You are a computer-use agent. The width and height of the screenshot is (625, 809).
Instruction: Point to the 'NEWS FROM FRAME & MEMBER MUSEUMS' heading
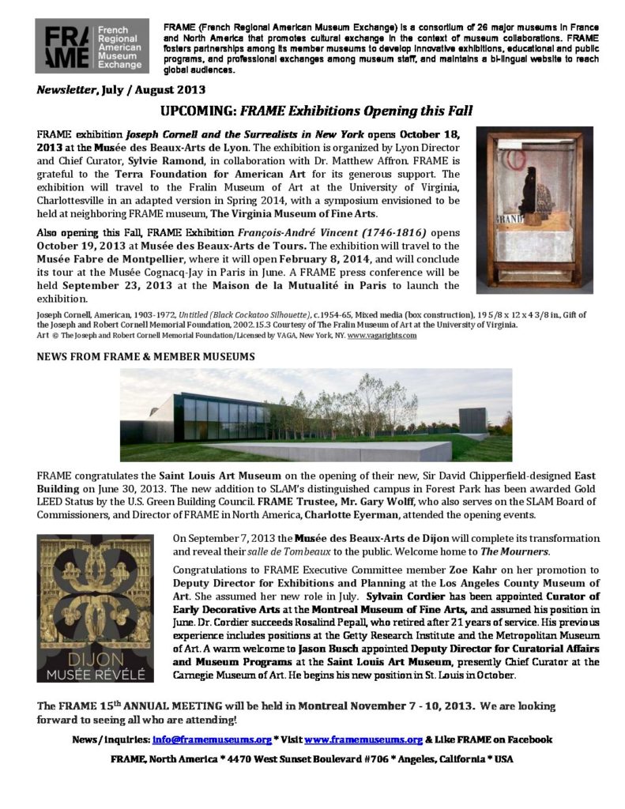click(145, 357)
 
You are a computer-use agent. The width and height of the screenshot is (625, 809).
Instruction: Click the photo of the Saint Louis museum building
click(315, 414)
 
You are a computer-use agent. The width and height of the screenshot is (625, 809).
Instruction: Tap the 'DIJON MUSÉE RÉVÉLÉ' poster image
click(96, 608)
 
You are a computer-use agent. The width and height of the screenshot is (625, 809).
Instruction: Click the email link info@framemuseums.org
click(206, 739)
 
